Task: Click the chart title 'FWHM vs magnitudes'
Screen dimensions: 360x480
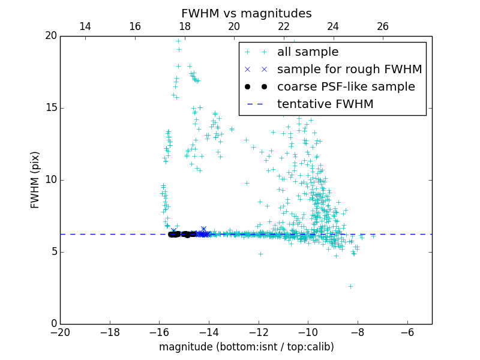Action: tap(246, 13)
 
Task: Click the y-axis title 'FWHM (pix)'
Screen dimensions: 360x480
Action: tap(35, 179)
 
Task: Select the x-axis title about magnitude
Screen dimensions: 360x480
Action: tap(246, 347)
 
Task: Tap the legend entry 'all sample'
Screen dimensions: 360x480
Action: tap(307, 52)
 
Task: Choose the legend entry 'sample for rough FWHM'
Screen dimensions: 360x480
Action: tap(349, 70)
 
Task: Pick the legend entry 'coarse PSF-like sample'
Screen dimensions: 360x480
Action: tap(346, 87)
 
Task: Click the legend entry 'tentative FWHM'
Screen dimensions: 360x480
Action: tap(325, 104)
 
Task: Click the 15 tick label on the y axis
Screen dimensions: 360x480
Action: tap(50, 108)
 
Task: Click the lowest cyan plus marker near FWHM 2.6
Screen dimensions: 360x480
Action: tap(350, 286)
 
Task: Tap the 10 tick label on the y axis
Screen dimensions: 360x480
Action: tap(50, 180)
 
